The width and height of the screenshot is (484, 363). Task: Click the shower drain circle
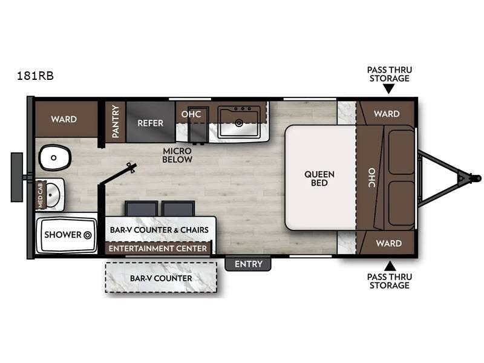(87, 235)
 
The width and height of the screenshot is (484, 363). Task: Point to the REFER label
(150, 123)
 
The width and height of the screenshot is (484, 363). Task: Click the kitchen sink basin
(240, 122)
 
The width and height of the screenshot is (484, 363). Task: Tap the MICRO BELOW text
(177, 155)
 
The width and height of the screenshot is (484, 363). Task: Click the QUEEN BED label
(319, 178)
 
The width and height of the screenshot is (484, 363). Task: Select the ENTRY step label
(248, 264)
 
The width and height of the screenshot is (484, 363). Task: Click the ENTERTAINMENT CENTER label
(159, 248)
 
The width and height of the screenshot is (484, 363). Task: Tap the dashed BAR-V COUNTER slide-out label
(161, 278)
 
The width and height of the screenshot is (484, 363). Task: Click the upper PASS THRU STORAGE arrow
(388, 90)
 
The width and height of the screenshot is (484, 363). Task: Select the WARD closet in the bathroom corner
(64, 119)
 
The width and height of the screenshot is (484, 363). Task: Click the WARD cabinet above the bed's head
(386, 113)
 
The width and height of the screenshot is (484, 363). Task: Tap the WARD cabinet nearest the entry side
(388, 243)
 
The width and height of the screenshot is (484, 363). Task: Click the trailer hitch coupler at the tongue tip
(476, 178)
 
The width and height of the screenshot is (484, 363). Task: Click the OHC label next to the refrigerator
(192, 113)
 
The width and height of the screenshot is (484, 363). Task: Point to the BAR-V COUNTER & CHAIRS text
(159, 230)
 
